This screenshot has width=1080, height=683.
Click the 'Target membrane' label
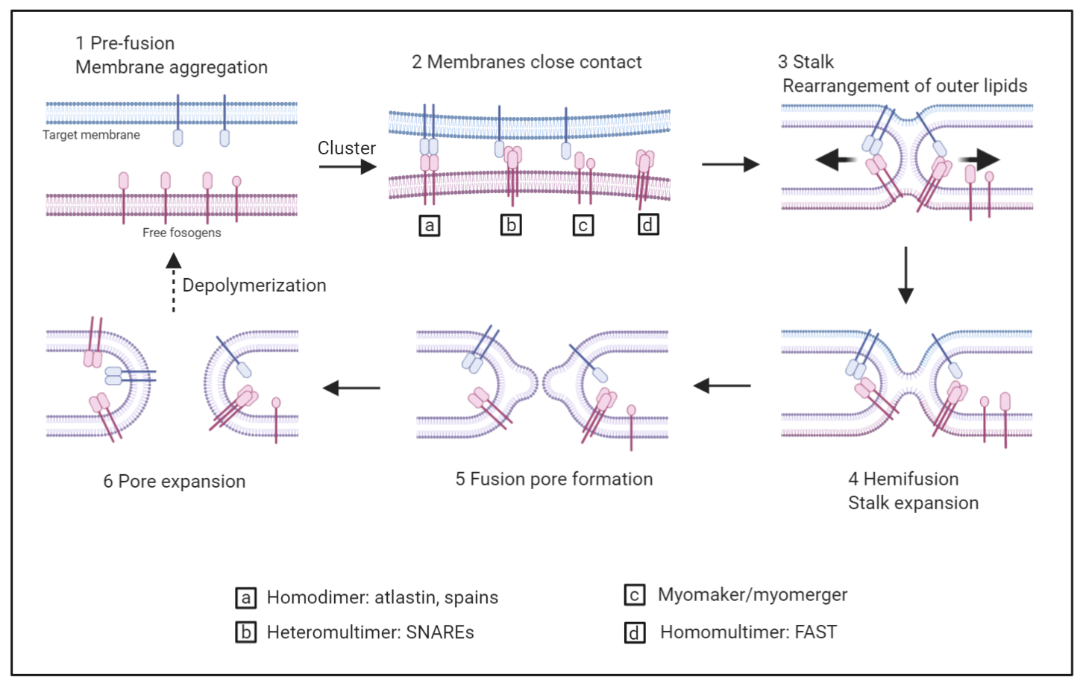pyautogui.click(x=91, y=135)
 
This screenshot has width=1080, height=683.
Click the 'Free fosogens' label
pyautogui.click(x=181, y=233)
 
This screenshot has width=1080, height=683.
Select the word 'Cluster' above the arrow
pyautogui.click(x=346, y=148)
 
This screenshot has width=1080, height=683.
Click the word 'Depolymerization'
pyautogui.click(x=254, y=286)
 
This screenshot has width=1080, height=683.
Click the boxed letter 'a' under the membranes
pyautogui.click(x=429, y=225)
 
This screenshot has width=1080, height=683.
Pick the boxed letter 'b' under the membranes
pyautogui.click(x=511, y=224)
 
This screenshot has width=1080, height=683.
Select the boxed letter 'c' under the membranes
pyautogui.click(x=583, y=225)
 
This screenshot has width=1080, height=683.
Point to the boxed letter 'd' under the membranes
pyautogui.click(x=648, y=224)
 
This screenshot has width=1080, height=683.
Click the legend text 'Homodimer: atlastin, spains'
pyautogui.click(x=382, y=597)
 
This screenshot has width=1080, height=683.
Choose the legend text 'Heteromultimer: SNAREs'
pyautogui.click(x=370, y=632)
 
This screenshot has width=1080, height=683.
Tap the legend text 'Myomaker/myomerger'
pyautogui.click(x=752, y=594)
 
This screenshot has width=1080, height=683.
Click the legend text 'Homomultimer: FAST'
pyautogui.click(x=748, y=632)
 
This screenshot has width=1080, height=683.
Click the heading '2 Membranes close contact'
pyautogui.click(x=527, y=62)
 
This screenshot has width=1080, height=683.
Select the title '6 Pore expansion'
pyautogui.click(x=174, y=481)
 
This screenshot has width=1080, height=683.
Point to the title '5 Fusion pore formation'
pyautogui.click(x=553, y=479)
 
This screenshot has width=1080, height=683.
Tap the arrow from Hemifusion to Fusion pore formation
pyautogui.click(x=721, y=385)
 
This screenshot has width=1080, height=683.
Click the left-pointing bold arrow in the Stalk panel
pyautogui.click(x=835, y=160)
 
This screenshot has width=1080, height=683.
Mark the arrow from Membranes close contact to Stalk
pyautogui.click(x=730, y=165)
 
